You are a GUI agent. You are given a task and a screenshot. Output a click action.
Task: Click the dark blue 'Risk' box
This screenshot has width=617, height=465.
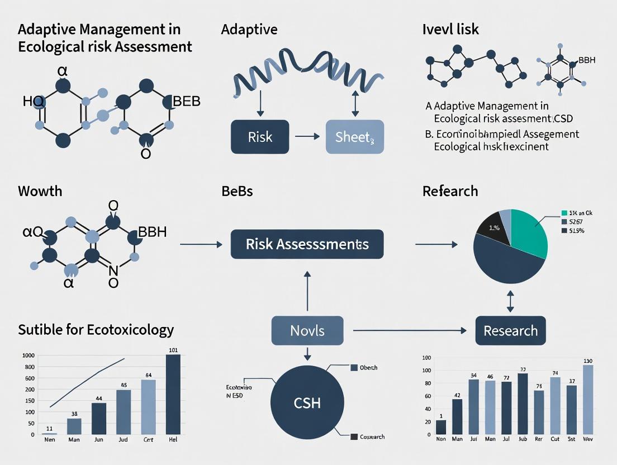[x=259, y=137]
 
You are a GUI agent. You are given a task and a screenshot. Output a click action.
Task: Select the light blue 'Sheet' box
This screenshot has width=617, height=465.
[x=355, y=137]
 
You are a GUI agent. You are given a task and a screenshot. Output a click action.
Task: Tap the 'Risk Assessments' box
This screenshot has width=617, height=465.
[x=307, y=244]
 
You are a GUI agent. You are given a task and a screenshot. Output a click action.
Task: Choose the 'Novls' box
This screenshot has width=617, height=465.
[x=307, y=330]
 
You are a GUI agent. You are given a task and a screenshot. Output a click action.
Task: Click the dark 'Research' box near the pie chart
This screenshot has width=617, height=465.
[x=510, y=330]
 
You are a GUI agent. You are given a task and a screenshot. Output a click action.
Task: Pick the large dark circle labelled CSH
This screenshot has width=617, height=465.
[x=307, y=402]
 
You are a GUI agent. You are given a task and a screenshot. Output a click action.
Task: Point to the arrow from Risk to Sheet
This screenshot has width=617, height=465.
[x=307, y=136]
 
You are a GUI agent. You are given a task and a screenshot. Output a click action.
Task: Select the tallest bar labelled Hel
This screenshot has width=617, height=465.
[x=173, y=394]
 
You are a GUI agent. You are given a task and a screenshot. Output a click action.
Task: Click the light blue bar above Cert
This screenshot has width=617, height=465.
[x=149, y=406]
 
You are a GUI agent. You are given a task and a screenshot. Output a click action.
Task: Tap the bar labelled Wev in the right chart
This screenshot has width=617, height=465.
[x=588, y=400]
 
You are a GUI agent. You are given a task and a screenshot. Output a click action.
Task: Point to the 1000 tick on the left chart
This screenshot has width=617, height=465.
[x=28, y=355]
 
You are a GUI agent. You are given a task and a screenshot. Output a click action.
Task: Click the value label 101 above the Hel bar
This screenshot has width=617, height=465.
[x=173, y=350]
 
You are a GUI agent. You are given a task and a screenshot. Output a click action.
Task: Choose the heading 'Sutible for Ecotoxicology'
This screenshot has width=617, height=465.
[x=96, y=330]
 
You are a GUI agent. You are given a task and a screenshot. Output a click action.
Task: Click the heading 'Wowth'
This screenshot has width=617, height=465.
[x=40, y=191]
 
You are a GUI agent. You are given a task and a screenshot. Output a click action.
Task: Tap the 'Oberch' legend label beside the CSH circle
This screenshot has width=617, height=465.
[x=368, y=368]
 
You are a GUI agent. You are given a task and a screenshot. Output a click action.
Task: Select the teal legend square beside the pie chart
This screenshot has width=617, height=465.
[x=563, y=213]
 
